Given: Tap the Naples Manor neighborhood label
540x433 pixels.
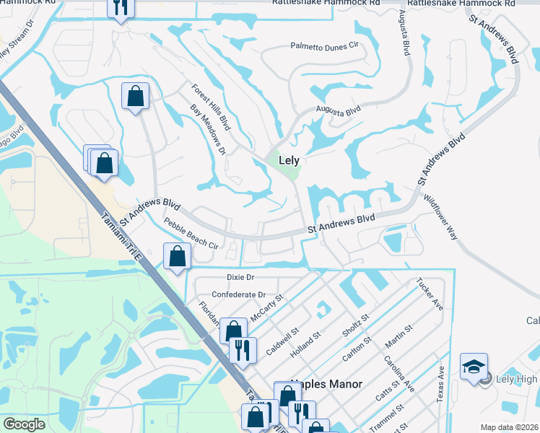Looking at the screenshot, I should coord(325,385).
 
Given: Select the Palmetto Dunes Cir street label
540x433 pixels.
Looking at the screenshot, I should coord(324,45).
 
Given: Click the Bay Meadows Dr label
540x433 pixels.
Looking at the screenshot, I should coord(209,130).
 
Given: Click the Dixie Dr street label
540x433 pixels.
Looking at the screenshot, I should coord(241,277).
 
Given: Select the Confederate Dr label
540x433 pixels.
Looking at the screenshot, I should coord(238,294).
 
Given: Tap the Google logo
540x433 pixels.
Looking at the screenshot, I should coord(24,424).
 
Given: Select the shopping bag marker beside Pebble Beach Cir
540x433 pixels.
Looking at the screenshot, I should coord(177,256).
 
